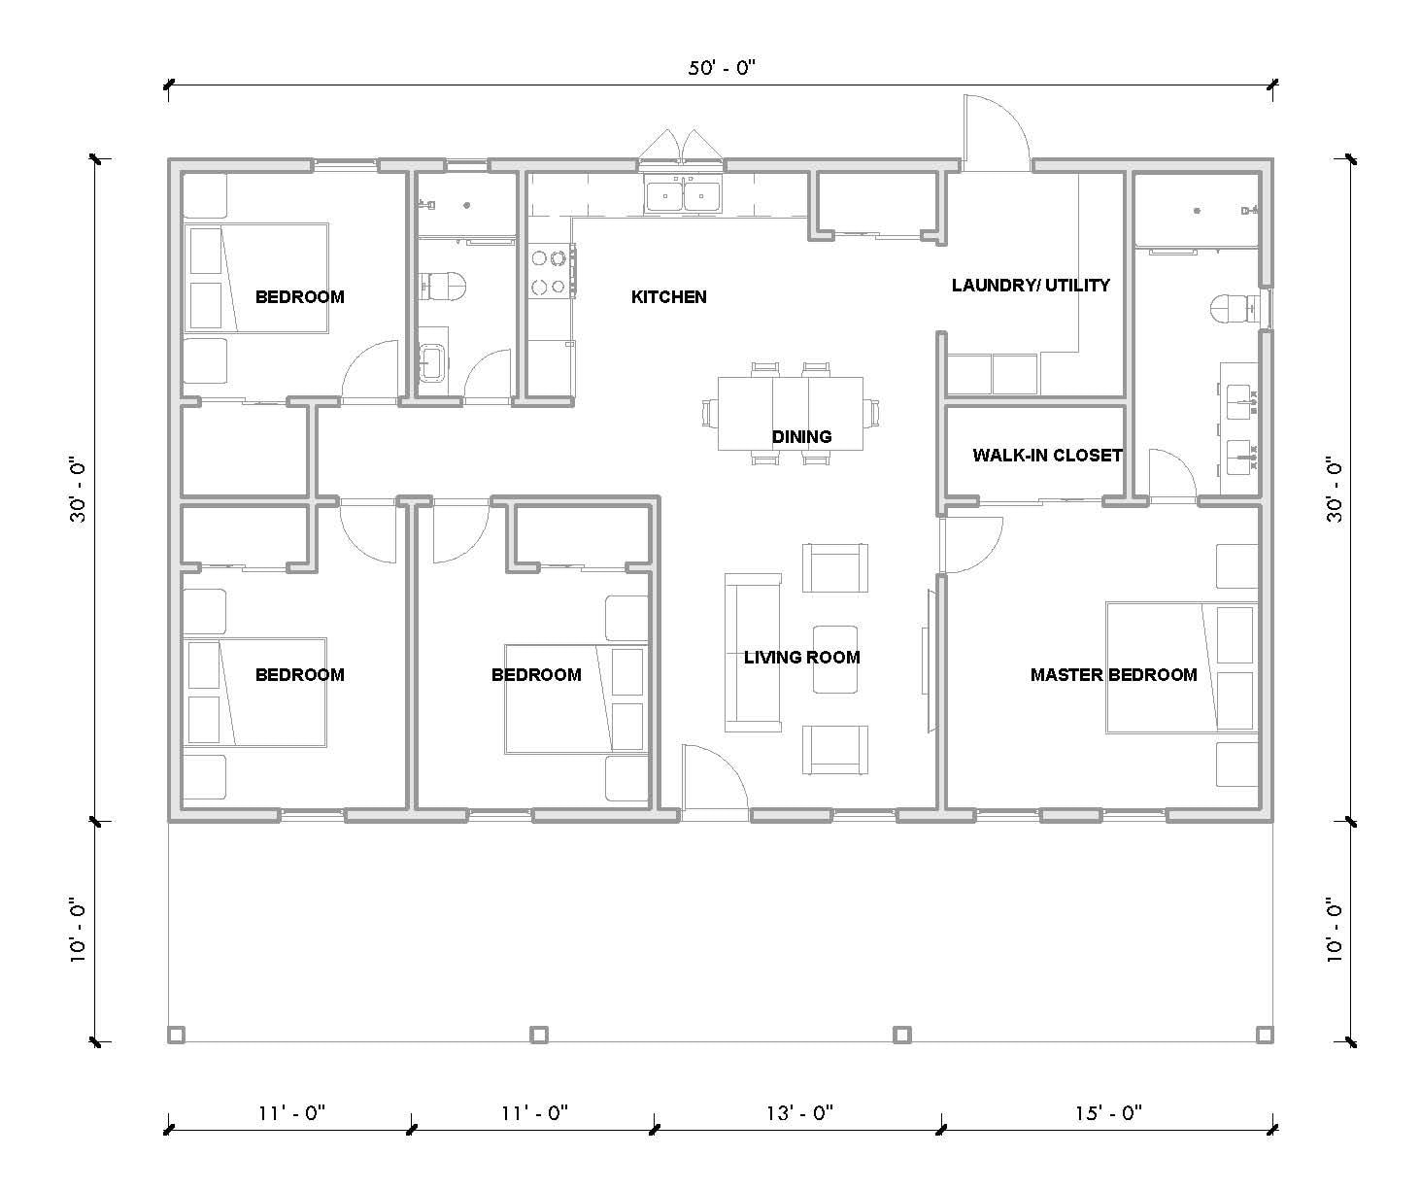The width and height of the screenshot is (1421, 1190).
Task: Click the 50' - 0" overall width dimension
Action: [720, 68]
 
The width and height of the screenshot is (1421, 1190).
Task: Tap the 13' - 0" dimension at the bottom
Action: [797, 1113]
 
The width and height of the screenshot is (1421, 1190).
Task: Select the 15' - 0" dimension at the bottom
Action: [1107, 1113]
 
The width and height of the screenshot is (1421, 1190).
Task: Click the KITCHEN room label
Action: [668, 297]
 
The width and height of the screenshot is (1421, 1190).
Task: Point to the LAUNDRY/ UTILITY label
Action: [1030, 286]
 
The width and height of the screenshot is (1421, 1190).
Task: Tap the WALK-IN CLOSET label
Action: [1047, 456]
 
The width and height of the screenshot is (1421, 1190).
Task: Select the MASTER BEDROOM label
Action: [1113, 675]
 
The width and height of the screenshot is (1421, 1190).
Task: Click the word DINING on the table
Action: [801, 437]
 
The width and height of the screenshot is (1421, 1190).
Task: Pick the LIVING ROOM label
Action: [801, 658]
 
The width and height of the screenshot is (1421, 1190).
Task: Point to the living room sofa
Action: [753, 652]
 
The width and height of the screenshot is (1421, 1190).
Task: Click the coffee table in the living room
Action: [834, 659]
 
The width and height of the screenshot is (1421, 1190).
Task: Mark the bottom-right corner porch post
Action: [1264, 1036]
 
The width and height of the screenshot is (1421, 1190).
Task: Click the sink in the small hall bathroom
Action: [432, 362]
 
